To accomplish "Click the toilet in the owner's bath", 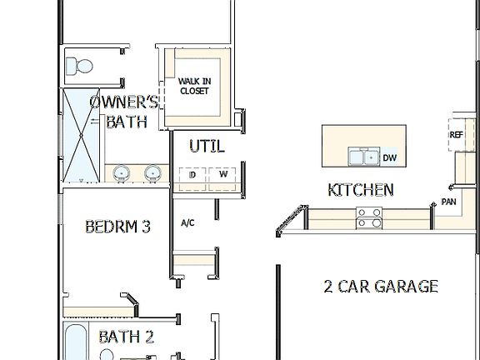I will point(81,64).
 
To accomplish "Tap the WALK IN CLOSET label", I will point(194,86).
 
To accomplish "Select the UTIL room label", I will point(206,147).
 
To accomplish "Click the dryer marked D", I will point(192,175).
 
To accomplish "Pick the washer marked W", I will point(223,175).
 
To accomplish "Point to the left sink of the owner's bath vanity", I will point(122,173).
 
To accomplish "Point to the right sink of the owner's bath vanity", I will point(152,173).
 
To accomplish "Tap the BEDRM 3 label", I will point(117,226).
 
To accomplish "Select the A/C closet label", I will point(187,223).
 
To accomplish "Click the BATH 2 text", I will point(126,337).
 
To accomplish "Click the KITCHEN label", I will point(360,190).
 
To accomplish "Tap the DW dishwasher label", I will point(390,157).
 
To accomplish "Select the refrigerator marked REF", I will point(456,135).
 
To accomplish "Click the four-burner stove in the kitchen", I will point(369,217).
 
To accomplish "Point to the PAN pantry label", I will point(448,202).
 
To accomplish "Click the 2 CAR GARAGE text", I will point(380,287).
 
